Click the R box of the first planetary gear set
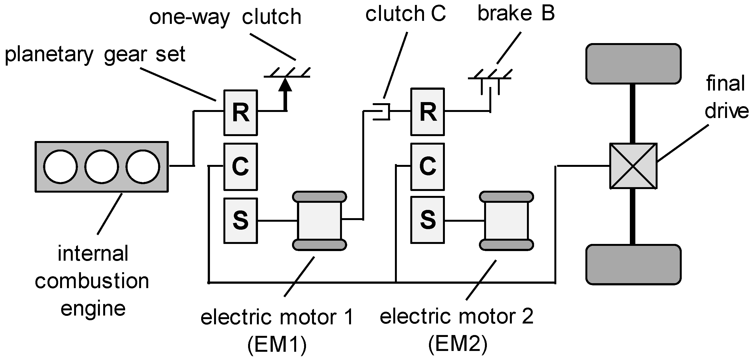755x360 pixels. point(241,113)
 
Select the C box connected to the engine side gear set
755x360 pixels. point(241,167)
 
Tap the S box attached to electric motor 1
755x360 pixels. point(241,221)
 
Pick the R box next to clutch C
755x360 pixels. point(428,112)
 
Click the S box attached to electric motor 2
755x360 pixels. point(428,220)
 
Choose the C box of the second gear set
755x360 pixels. point(428,167)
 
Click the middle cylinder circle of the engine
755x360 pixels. point(102,167)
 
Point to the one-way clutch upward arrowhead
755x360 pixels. point(285,84)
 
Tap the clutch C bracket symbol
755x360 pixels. point(381,111)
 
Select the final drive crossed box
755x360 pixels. point(633,166)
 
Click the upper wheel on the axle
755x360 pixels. point(633,64)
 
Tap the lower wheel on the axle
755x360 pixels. point(633,265)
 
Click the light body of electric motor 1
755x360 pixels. point(319,221)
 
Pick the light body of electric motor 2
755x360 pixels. point(506,221)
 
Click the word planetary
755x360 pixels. point(49,55)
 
